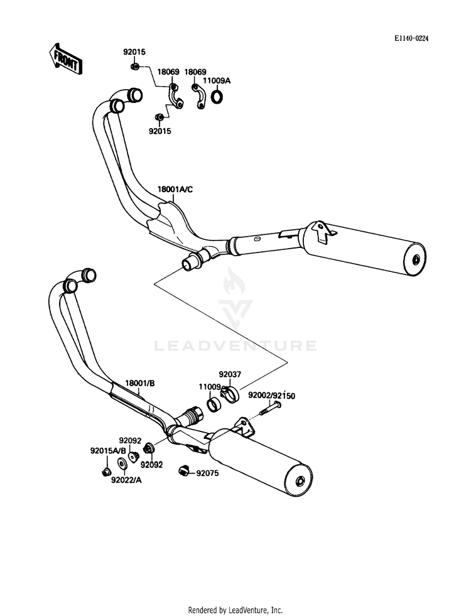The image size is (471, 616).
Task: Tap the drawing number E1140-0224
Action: click(x=411, y=39)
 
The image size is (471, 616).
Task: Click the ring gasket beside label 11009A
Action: click(x=217, y=97)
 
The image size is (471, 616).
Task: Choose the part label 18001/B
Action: click(x=139, y=384)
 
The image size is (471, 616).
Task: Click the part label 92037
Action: click(x=229, y=374)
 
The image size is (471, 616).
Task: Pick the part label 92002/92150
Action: click(x=271, y=396)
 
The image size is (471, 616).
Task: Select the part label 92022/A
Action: click(x=126, y=480)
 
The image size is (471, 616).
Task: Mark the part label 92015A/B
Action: click(x=108, y=451)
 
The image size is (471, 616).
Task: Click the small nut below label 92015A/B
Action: click(x=106, y=470)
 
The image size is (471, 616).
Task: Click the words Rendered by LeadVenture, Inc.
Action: click(x=235, y=610)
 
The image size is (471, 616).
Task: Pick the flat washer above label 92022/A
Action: click(x=122, y=466)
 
